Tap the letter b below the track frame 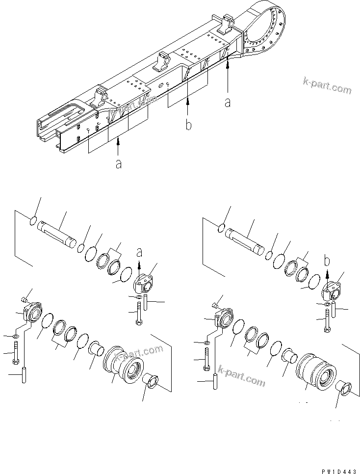point(188,126)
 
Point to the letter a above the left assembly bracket point(139,252)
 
